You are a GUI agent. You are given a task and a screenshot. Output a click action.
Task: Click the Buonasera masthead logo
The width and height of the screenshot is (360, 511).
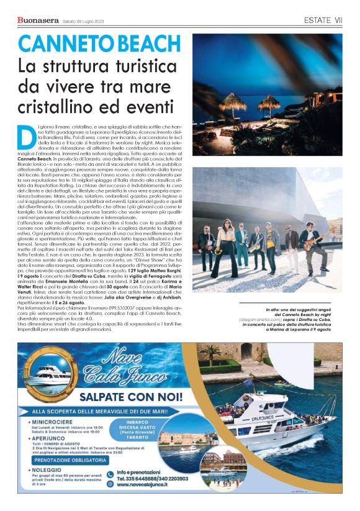[x=38, y=22]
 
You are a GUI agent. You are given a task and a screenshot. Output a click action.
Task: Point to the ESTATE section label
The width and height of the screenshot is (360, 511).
[x=320, y=20]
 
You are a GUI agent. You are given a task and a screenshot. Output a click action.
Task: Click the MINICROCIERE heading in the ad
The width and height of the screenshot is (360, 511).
[x=56, y=423]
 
